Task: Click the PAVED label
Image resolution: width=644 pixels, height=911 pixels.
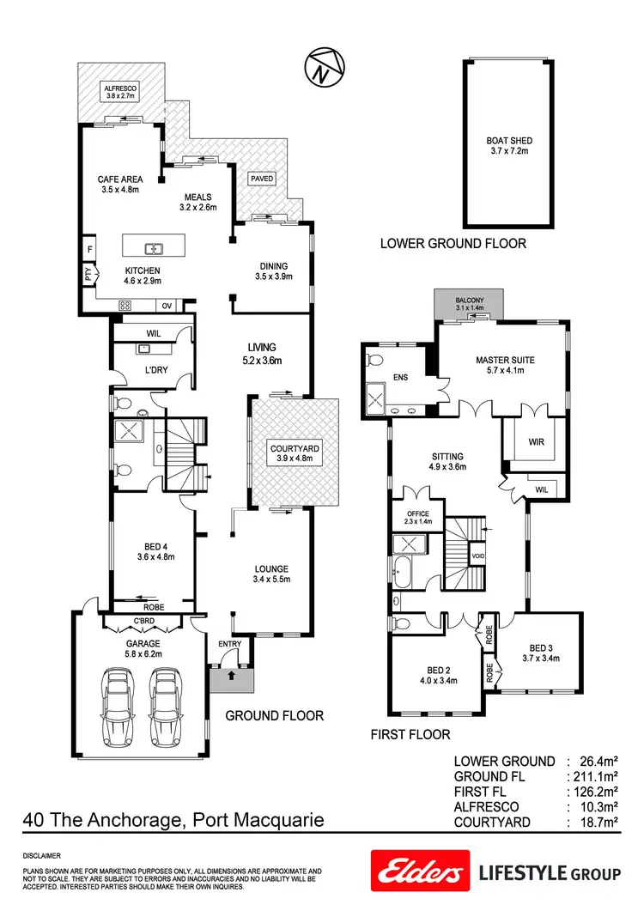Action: (262, 179)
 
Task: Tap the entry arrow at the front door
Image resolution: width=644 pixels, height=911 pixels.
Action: (229, 676)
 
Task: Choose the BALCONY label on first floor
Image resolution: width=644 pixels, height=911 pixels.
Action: (470, 301)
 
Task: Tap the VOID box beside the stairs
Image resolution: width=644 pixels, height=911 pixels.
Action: (478, 556)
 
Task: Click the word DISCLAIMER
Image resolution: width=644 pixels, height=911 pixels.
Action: (42, 856)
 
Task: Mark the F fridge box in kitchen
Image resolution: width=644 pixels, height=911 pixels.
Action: (88, 250)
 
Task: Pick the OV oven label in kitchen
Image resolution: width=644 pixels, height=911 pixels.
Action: (167, 306)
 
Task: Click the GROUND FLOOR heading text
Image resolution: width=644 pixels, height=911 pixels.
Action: (274, 714)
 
